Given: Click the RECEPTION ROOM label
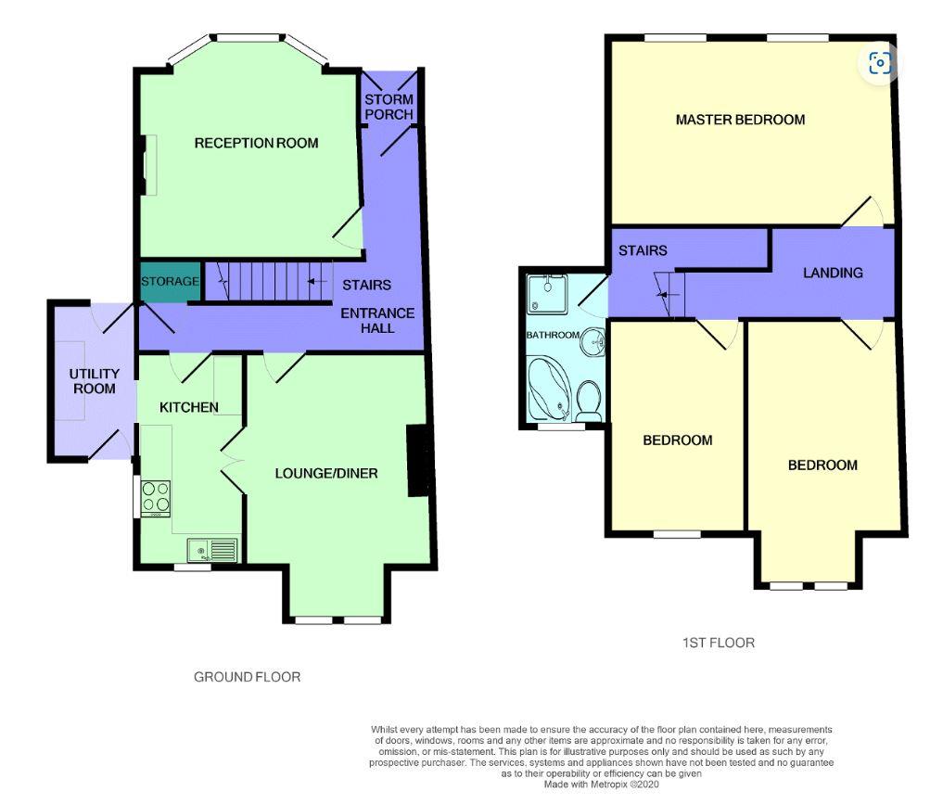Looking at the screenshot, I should [256, 143].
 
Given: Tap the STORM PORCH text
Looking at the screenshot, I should [389, 107].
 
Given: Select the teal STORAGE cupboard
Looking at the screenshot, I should [170, 281].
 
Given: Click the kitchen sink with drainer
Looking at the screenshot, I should [212, 551].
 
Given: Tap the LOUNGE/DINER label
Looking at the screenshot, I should [326, 473].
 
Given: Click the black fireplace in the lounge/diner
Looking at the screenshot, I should [420, 460].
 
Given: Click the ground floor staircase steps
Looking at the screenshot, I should [269, 281].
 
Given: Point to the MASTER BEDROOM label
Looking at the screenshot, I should [740, 120].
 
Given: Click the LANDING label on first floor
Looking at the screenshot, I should [833, 273].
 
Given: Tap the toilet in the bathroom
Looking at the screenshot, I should [588, 401].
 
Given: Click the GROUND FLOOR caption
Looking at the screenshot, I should [247, 677].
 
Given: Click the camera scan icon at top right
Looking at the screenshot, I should [880, 63].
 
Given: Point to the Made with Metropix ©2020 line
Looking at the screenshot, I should [602, 785].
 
